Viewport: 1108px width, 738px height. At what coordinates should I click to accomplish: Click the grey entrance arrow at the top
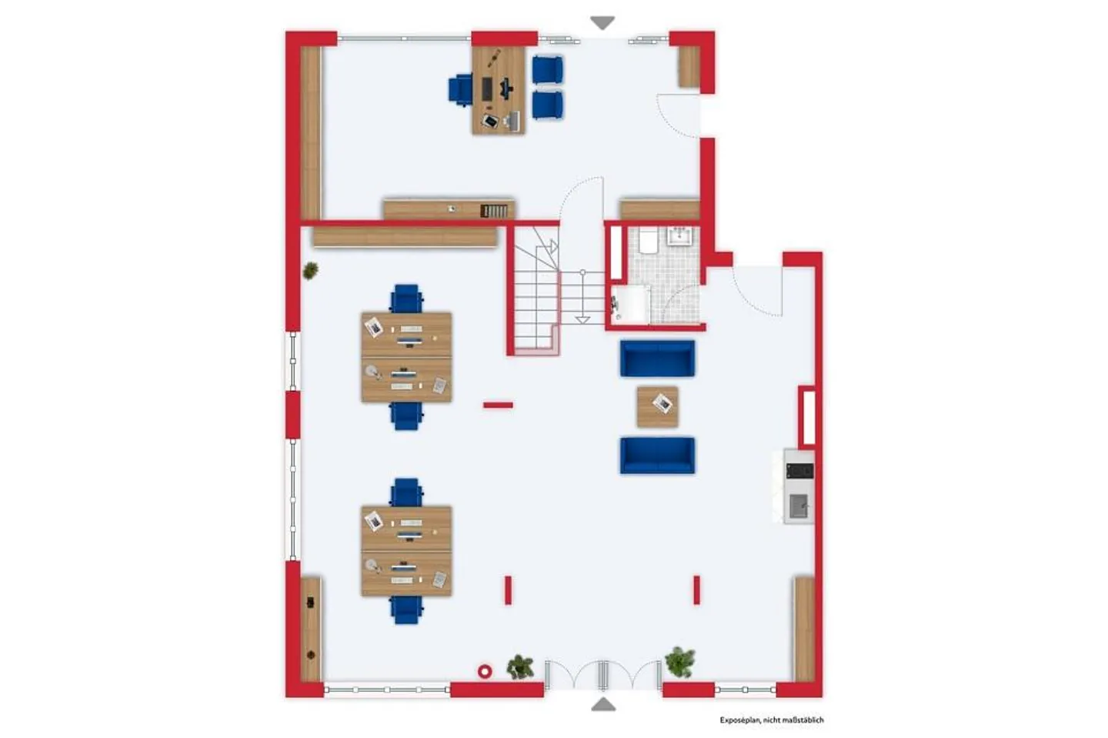pos(602,22)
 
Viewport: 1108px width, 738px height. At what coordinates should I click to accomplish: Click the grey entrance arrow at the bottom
pos(603,704)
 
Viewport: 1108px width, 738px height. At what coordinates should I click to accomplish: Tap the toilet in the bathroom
pos(648,242)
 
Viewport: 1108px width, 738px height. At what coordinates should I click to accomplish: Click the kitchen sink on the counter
pos(799,506)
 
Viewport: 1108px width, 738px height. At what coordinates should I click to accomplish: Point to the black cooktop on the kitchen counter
pos(799,470)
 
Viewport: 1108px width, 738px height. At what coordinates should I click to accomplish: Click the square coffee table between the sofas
pos(657,406)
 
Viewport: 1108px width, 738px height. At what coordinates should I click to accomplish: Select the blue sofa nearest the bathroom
pos(657,358)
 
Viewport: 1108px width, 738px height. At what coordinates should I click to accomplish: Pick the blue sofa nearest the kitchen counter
pos(657,455)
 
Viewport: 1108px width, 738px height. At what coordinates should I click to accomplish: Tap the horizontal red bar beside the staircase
pos(498,405)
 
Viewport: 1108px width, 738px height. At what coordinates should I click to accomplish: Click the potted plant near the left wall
pos(310,270)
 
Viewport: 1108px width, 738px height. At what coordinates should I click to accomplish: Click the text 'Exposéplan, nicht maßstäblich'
pos(772,720)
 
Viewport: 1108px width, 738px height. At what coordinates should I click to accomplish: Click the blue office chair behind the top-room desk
pos(460,90)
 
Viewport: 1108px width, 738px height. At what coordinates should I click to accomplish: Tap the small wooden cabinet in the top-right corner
pos(689,67)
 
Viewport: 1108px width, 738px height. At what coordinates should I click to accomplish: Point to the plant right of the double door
pos(680,661)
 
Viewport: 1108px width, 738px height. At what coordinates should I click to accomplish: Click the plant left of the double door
pos(520,666)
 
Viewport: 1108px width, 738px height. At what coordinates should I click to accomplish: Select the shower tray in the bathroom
pos(629,304)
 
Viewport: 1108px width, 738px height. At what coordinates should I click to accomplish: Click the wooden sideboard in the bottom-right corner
pos(804,629)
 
